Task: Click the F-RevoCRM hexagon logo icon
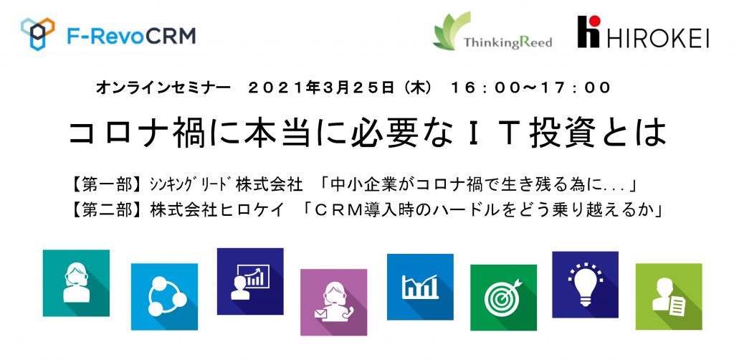tap(37, 33)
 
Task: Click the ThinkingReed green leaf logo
tap(452, 30)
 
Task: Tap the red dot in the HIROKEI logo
tap(595, 21)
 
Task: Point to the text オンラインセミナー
tap(163, 88)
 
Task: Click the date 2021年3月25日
tap(320, 88)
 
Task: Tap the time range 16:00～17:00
tap(530, 88)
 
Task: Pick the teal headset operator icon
tap(76, 283)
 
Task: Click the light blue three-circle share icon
tap(164, 297)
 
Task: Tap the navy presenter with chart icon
tap(250, 281)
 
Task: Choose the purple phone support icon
tap(333, 303)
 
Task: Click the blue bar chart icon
tap(420, 287)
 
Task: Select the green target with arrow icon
tap(503, 298)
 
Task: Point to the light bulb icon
tap(585, 285)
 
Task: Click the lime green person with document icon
tap(669, 297)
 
